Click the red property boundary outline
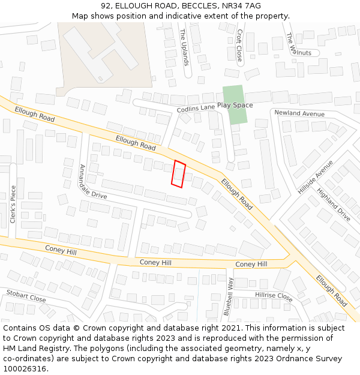tap(178, 174)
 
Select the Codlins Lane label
tap(196, 109)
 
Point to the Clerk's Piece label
tap(13, 204)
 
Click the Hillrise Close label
tap(274, 296)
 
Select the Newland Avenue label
tap(299, 113)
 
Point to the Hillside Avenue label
tap(315, 176)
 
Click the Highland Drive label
tap(334, 205)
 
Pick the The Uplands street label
tap(184, 47)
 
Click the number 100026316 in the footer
tap(26, 368)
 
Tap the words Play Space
tap(235, 106)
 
